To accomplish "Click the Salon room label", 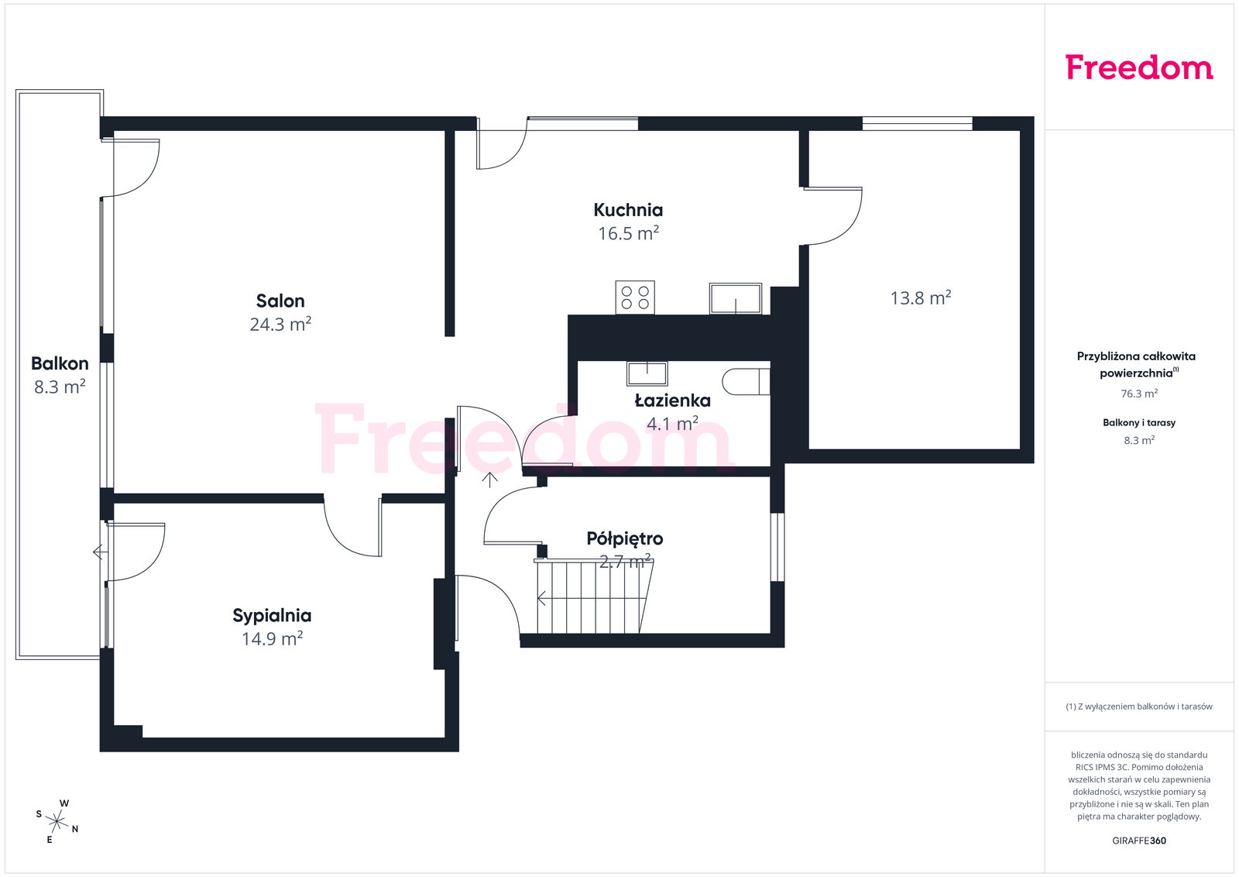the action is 280,301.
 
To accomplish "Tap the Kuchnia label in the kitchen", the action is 628,210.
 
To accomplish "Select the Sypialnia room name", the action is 272,615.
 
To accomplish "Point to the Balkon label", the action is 60,363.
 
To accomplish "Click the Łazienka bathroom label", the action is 673,400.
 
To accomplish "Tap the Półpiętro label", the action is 625,538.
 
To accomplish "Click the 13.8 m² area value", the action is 921,298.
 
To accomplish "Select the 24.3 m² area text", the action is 280,325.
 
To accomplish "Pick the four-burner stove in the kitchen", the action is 635,297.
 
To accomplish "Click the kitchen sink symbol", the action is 736,298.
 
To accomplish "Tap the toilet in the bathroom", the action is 746,381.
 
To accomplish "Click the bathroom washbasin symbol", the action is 647,373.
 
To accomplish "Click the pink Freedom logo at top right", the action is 1139,67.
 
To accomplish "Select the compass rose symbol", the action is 57,822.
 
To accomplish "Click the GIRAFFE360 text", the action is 1139,841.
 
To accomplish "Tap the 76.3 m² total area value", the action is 1139,394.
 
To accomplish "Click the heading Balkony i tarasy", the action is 1139,423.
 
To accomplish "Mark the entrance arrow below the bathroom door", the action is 489,480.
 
